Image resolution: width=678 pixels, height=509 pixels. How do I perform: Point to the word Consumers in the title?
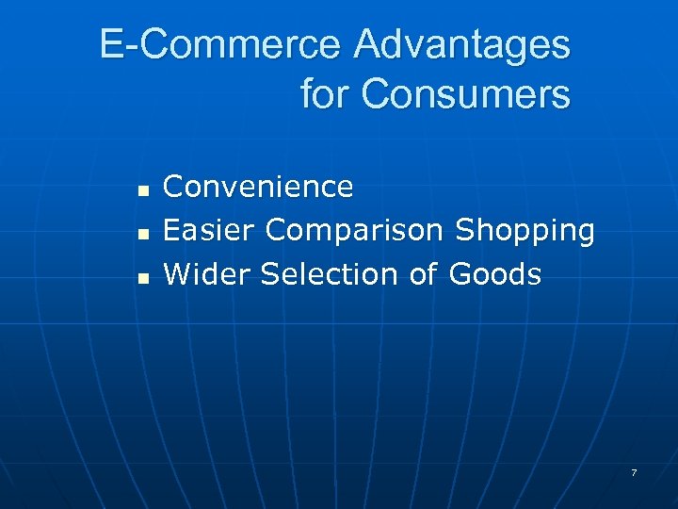(x=465, y=93)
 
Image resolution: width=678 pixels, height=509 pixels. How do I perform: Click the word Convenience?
(x=259, y=187)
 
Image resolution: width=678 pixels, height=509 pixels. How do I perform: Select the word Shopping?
(x=525, y=231)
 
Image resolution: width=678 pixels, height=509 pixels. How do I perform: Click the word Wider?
(x=207, y=274)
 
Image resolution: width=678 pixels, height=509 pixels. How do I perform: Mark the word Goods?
(x=495, y=274)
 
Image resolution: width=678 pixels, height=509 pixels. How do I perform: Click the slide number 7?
(x=634, y=472)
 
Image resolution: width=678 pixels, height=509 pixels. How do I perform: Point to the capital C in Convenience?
(x=174, y=187)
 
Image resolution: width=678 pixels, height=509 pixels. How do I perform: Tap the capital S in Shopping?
(x=464, y=230)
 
